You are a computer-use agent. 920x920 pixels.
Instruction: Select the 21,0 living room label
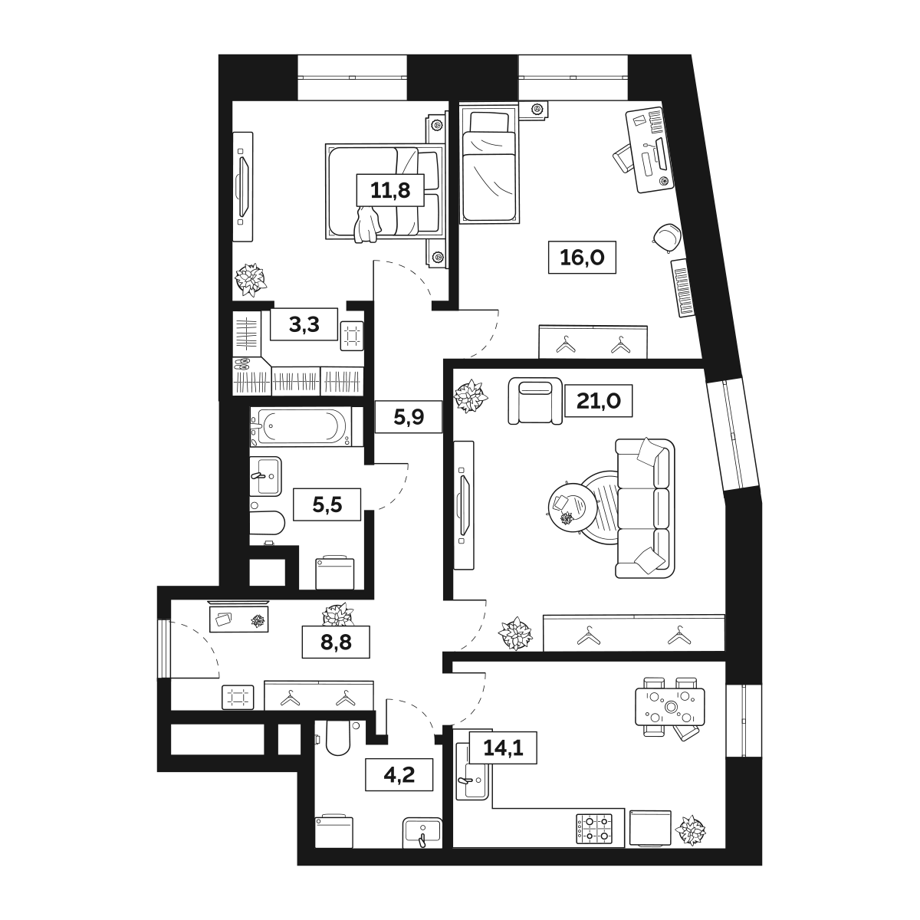click(598, 399)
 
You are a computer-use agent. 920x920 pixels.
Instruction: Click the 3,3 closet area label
click(304, 325)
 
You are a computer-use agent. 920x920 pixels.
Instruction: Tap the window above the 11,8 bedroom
click(352, 77)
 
